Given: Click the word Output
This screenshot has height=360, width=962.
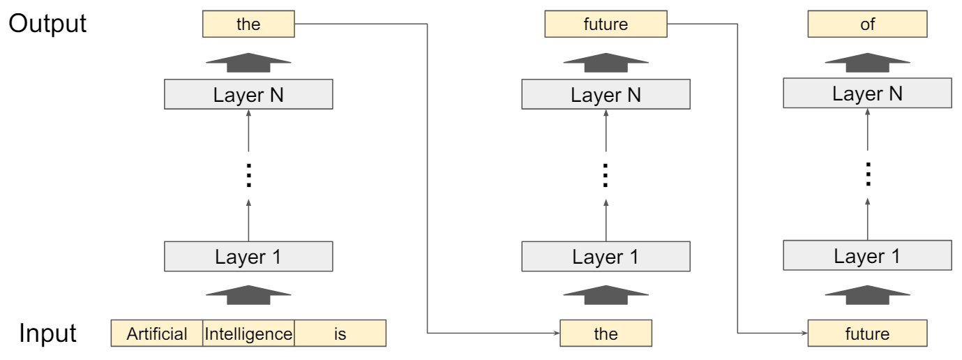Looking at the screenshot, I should point(47,24).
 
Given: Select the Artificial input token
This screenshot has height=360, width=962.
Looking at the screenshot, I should point(157,334).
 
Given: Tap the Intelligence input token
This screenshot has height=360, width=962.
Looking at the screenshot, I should point(248,334).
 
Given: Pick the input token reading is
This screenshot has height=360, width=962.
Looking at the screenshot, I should point(340,334).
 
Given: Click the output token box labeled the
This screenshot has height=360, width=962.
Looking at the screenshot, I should point(248,27).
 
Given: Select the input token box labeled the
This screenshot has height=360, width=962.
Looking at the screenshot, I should point(606,334).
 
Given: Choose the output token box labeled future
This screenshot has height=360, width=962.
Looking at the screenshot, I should point(606,27).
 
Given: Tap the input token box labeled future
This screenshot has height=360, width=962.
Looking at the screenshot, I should point(867,334).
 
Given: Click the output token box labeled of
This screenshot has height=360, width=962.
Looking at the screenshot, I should point(867,27).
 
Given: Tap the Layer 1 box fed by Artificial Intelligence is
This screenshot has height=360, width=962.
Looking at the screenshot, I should point(248,256).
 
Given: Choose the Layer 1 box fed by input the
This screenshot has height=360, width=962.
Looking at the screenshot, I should point(606,256).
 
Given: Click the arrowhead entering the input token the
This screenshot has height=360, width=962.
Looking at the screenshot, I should point(557,334).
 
